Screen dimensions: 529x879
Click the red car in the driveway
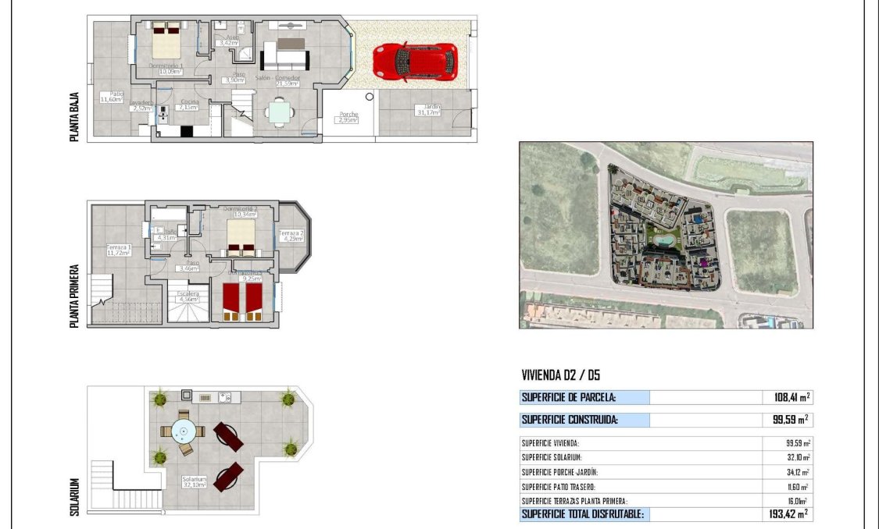tap(415, 62)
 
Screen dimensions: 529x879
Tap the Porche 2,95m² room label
tap(348, 118)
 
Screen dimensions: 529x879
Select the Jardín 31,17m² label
tap(427, 109)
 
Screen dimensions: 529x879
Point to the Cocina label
tap(189, 105)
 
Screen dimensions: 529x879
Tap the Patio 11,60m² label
tap(113, 97)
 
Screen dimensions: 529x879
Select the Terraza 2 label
tap(291, 236)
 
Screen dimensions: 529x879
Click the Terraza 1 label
tap(119, 250)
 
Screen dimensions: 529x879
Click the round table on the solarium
tap(185, 431)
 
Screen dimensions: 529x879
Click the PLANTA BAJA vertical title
tap(75, 117)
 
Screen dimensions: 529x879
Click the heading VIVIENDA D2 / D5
tap(560, 375)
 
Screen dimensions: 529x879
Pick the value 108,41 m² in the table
tap(786, 397)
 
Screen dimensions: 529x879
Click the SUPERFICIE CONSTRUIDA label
tap(570, 420)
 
